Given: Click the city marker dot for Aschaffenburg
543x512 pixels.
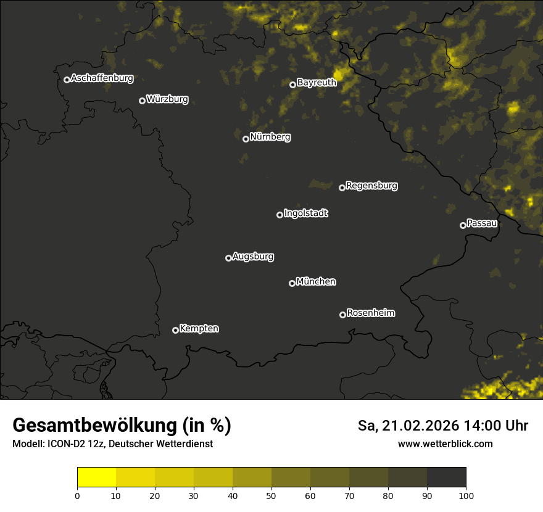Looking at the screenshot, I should tap(67, 80).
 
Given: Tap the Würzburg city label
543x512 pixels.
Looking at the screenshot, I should tap(167, 99).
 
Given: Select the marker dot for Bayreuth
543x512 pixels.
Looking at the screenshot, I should tap(293, 85).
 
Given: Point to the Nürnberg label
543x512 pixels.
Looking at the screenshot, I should tap(270, 137).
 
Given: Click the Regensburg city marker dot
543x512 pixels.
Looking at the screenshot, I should tap(342, 188).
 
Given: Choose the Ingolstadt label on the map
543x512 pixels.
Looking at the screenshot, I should tap(306, 213).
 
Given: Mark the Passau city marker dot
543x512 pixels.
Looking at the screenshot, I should tap(463, 225).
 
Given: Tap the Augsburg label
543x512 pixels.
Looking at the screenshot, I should tap(253, 257).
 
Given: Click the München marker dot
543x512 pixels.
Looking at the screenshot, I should tap(292, 283).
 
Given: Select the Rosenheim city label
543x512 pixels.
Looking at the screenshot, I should tap(370, 313).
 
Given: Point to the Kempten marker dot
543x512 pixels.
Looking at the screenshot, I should tap(175, 330).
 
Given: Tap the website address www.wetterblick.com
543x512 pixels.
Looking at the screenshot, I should tap(446, 444).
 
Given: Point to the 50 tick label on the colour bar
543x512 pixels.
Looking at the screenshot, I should tap(271, 495).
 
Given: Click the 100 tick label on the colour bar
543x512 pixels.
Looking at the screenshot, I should tap(466, 495).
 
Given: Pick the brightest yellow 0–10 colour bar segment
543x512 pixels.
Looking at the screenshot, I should tap(96, 477).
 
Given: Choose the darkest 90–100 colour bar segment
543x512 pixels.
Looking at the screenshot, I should tap(446, 477).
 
